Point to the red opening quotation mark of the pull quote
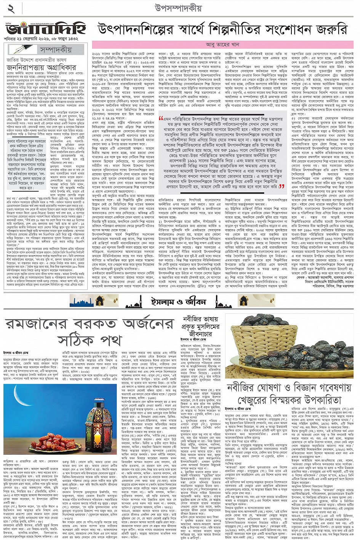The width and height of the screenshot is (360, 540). coord(161,118)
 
